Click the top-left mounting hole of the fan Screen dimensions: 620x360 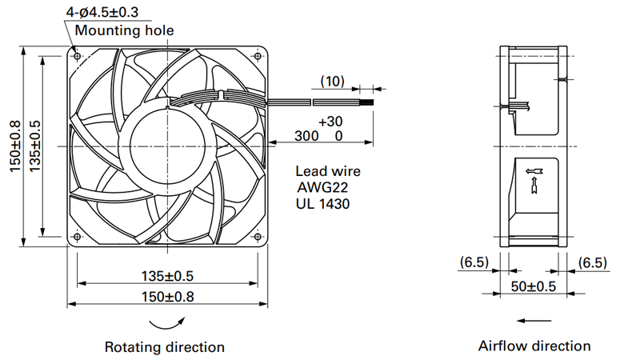(x=77, y=56)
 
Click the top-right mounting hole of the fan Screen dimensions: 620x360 (x=258, y=56)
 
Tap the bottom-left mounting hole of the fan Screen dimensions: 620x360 (x=77, y=237)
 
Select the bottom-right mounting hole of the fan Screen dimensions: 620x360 (x=258, y=237)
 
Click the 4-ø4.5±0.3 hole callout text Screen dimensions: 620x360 (x=102, y=12)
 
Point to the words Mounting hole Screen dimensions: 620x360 (x=124, y=30)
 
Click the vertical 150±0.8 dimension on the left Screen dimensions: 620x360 (x=15, y=146)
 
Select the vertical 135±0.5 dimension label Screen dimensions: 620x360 (x=34, y=146)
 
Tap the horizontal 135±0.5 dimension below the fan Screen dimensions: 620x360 (x=168, y=276)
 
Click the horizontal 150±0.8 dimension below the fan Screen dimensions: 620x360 (x=168, y=296)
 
